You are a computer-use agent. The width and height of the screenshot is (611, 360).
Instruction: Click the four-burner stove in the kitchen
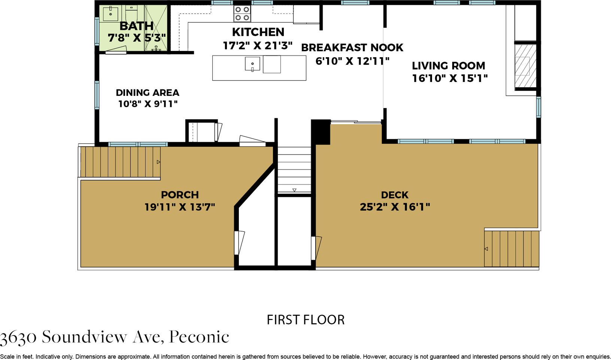pos(242,13)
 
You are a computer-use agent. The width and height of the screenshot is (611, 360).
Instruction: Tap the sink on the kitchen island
pos(252,64)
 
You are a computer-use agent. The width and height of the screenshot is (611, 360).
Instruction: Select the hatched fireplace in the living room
pos(525,66)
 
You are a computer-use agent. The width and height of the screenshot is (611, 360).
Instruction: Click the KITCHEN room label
pos(258,32)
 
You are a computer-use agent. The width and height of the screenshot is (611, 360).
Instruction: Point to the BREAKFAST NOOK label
pos(352,48)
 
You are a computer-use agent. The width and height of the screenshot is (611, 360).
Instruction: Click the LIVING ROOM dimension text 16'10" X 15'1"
pos(450,78)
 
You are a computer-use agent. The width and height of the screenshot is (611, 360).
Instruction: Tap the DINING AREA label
pos(148,92)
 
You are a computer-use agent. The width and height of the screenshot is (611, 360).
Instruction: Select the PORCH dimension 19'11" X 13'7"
pos(180,207)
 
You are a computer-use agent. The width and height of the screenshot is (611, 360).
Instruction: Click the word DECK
pos(395,195)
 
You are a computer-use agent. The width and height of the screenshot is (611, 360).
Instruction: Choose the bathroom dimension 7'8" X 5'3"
pos(137,38)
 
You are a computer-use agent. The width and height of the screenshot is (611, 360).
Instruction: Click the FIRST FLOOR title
pos(305,320)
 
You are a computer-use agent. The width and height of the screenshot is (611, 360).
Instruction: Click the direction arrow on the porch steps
pos(158,162)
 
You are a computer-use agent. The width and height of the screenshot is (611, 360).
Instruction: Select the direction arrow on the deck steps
pos(486,249)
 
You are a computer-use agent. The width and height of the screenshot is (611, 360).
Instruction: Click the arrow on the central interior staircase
pos(294,190)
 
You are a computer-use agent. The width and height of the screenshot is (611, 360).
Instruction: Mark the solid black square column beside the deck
pos(321,132)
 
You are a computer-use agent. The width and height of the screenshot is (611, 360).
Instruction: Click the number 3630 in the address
pos(18,338)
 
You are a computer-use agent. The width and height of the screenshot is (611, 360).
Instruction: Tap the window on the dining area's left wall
pos(97,95)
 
